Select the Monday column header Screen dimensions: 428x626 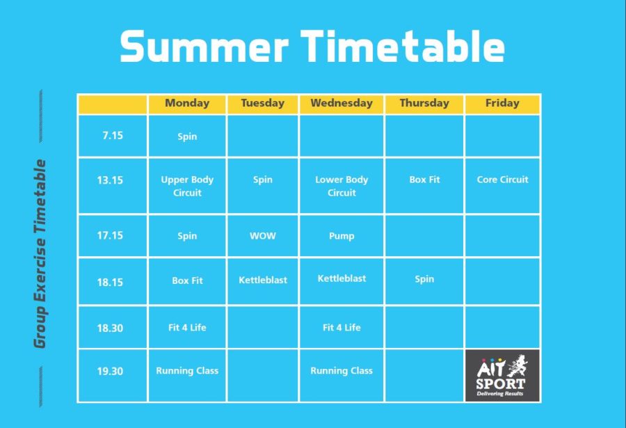pos(187,103)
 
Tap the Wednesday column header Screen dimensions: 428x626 pos(342,103)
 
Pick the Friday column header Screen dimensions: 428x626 pos(502,103)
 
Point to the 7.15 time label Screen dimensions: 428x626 pos(112,136)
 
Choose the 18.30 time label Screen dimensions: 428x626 pos(110,328)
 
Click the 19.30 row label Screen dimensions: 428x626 pos(110,371)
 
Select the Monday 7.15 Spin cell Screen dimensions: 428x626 pos(187,136)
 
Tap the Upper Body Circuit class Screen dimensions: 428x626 pos(187,186)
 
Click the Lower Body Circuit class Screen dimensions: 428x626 pos(342,186)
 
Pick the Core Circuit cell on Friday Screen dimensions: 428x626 pos(502,180)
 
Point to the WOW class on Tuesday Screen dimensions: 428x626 pos(263,236)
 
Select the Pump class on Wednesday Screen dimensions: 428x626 pos(342,236)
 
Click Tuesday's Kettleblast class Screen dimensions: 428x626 pos(263,280)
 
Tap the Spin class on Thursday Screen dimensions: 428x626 pos(424,279)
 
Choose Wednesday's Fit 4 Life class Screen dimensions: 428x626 pos(342,327)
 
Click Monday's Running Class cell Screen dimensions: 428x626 pos(187,371)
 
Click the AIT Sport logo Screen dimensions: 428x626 pos(502,376)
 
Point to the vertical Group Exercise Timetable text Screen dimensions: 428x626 pos(40,254)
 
